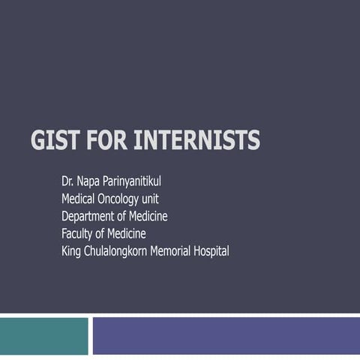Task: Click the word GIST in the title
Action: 56,140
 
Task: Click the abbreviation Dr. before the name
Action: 68,181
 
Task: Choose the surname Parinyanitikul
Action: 140,181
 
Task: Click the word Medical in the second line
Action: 79,199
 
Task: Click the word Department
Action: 89,216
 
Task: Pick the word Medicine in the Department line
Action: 146,216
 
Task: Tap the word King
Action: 72,250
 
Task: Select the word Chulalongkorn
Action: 117,250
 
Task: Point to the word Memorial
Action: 174,250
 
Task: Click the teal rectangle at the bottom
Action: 43,335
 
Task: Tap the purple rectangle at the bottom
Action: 226,335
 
